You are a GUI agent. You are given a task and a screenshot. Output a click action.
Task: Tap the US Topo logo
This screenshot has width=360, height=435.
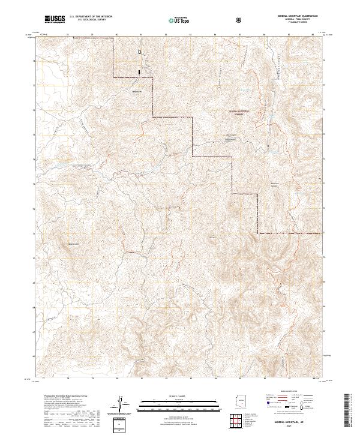point(176,20)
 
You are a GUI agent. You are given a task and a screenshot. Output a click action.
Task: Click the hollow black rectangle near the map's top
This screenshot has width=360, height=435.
point(140,52)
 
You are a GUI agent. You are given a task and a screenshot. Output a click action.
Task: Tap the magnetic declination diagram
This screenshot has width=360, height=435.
point(119,403)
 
